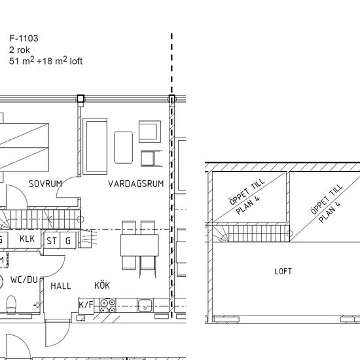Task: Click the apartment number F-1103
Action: click(24, 38)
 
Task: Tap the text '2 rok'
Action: click(20, 50)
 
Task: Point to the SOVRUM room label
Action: click(45, 184)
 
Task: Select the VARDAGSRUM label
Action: click(136, 184)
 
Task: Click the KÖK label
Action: click(102, 285)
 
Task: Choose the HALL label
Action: click(61, 286)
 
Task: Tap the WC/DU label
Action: click(24, 279)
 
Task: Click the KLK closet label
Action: click(27, 239)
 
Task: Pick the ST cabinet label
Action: click(52, 241)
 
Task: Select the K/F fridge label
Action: click(86, 305)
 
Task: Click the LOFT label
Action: click(283, 272)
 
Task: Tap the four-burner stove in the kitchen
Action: click(108, 306)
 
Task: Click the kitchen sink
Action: click(145, 306)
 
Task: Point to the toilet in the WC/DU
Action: click(11, 305)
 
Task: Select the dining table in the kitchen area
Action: click(139, 245)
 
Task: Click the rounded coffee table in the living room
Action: click(123, 147)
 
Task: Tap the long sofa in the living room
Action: click(95, 146)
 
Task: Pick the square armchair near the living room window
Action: click(150, 132)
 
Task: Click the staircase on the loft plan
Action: click(251, 233)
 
